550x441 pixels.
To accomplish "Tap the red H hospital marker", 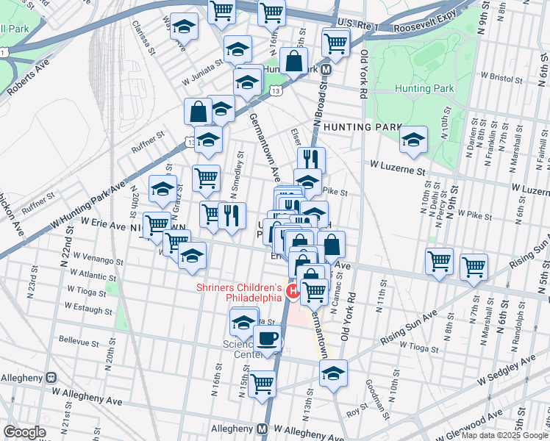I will click(x=292, y=292).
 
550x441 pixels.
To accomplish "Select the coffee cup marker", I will click(x=267, y=340).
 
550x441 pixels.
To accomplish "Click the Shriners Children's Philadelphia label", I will click(x=239, y=293).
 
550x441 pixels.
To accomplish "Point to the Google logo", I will click(x=24, y=432).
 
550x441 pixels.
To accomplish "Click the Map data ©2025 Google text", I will click(x=504, y=435).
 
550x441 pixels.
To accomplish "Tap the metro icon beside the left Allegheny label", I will click(x=51, y=377).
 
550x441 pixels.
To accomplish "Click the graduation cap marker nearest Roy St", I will click(x=333, y=373).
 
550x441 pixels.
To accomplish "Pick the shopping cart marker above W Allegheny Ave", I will click(x=261, y=384).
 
